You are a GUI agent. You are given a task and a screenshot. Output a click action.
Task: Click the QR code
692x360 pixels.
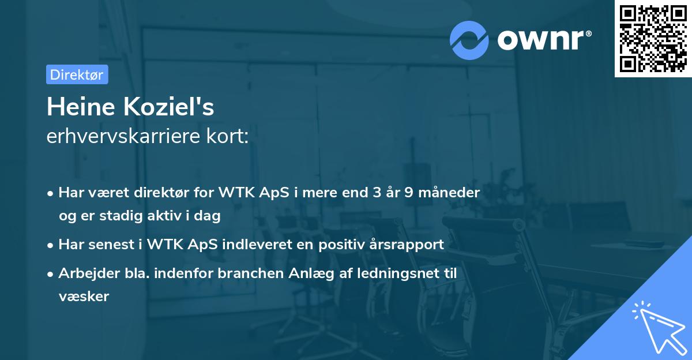(653, 39)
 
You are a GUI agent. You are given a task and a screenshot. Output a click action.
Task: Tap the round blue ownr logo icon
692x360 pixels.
(469, 40)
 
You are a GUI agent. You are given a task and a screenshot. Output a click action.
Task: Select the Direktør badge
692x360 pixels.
(77, 74)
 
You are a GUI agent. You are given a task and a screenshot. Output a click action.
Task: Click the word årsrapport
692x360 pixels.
(409, 245)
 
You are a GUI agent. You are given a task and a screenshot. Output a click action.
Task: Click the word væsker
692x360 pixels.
(84, 297)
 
